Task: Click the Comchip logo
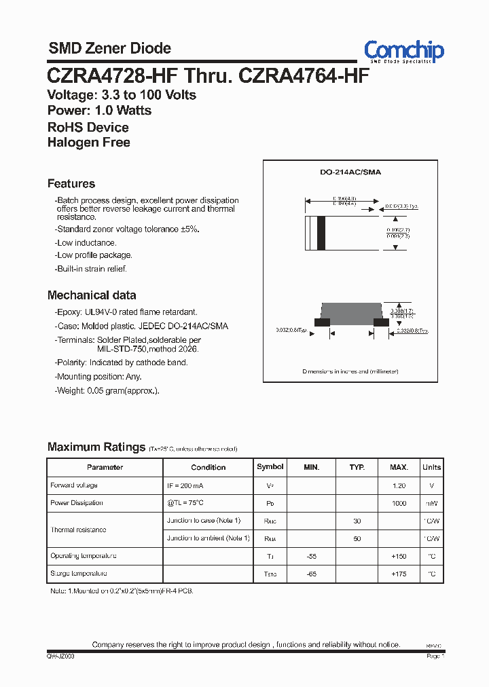click(403, 51)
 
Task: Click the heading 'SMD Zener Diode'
click(109, 48)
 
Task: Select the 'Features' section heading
click(71, 183)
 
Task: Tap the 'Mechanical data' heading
click(92, 295)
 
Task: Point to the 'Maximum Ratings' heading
click(96, 447)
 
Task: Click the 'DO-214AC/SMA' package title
click(350, 172)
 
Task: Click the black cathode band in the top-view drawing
click(322, 233)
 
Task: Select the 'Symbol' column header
click(270, 467)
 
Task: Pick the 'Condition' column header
click(209, 467)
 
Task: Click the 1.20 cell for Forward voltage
click(399, 486)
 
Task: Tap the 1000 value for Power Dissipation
click(399, 503)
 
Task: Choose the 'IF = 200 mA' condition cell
click(185, 486)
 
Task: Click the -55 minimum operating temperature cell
click(311, 556)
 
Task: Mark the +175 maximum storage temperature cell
click(399, 574)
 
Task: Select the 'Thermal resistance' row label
click(79, 530)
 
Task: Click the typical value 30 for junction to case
click(357, 521)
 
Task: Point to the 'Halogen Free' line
click(89, 143)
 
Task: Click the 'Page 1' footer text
click(435, 656)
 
